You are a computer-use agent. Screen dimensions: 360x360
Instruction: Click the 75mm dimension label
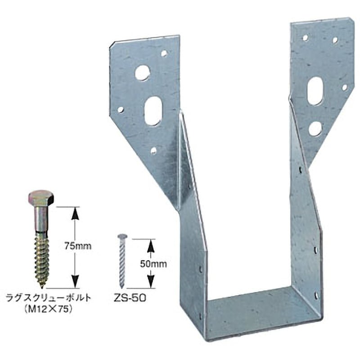click(77, 246)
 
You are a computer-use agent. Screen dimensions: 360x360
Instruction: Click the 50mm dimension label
click(153, 264)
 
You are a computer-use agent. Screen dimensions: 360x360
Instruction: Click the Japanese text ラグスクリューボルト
click(49, 298)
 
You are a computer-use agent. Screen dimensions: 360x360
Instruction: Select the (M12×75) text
click(49, 310)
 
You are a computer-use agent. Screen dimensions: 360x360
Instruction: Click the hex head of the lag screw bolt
click(41, 198)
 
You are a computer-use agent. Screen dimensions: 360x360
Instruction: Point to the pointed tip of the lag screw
click(42, 287)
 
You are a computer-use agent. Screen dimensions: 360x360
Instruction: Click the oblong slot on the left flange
click(153, 111)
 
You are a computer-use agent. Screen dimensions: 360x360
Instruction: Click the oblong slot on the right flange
click(315, 91)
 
